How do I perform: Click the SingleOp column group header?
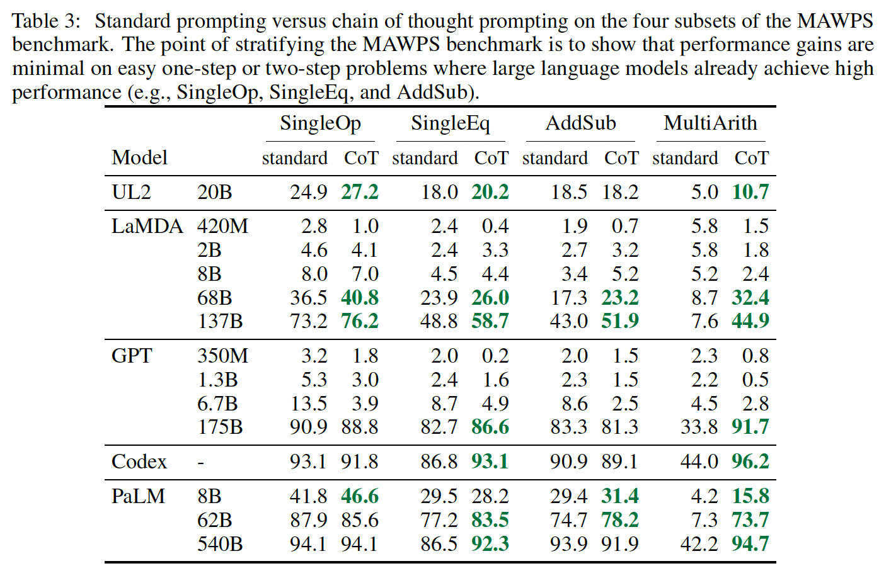[x=320, y=123]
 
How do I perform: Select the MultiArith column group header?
[x=710, y=123]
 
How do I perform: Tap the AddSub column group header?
[x=580, y=123]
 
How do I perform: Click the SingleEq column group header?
[x=450, y=123]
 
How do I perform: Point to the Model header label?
[x=139, y=157]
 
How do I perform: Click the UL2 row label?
[x=131, y=192]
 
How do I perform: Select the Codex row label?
[x=139, y=462]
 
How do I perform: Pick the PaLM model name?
[x=138, y=496]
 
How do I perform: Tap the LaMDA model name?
[x=147, y=227]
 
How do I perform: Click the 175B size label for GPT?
[x=220, y=427]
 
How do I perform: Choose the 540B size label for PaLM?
[x=220, y=544]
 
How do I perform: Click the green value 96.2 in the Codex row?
[x=750, y=462]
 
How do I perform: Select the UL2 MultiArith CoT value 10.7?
[x=750, y=192]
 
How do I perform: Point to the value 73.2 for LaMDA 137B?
[x=308, y=321]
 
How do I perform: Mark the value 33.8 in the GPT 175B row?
[x=699, y=427]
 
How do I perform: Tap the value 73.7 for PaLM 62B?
[x=750, y=520]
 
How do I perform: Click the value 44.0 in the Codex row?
[x=699, y=462]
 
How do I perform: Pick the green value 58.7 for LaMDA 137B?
[x=490, y=321]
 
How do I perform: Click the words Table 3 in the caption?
[x=46, y=21]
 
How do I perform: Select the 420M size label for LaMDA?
[x=222, y=227]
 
